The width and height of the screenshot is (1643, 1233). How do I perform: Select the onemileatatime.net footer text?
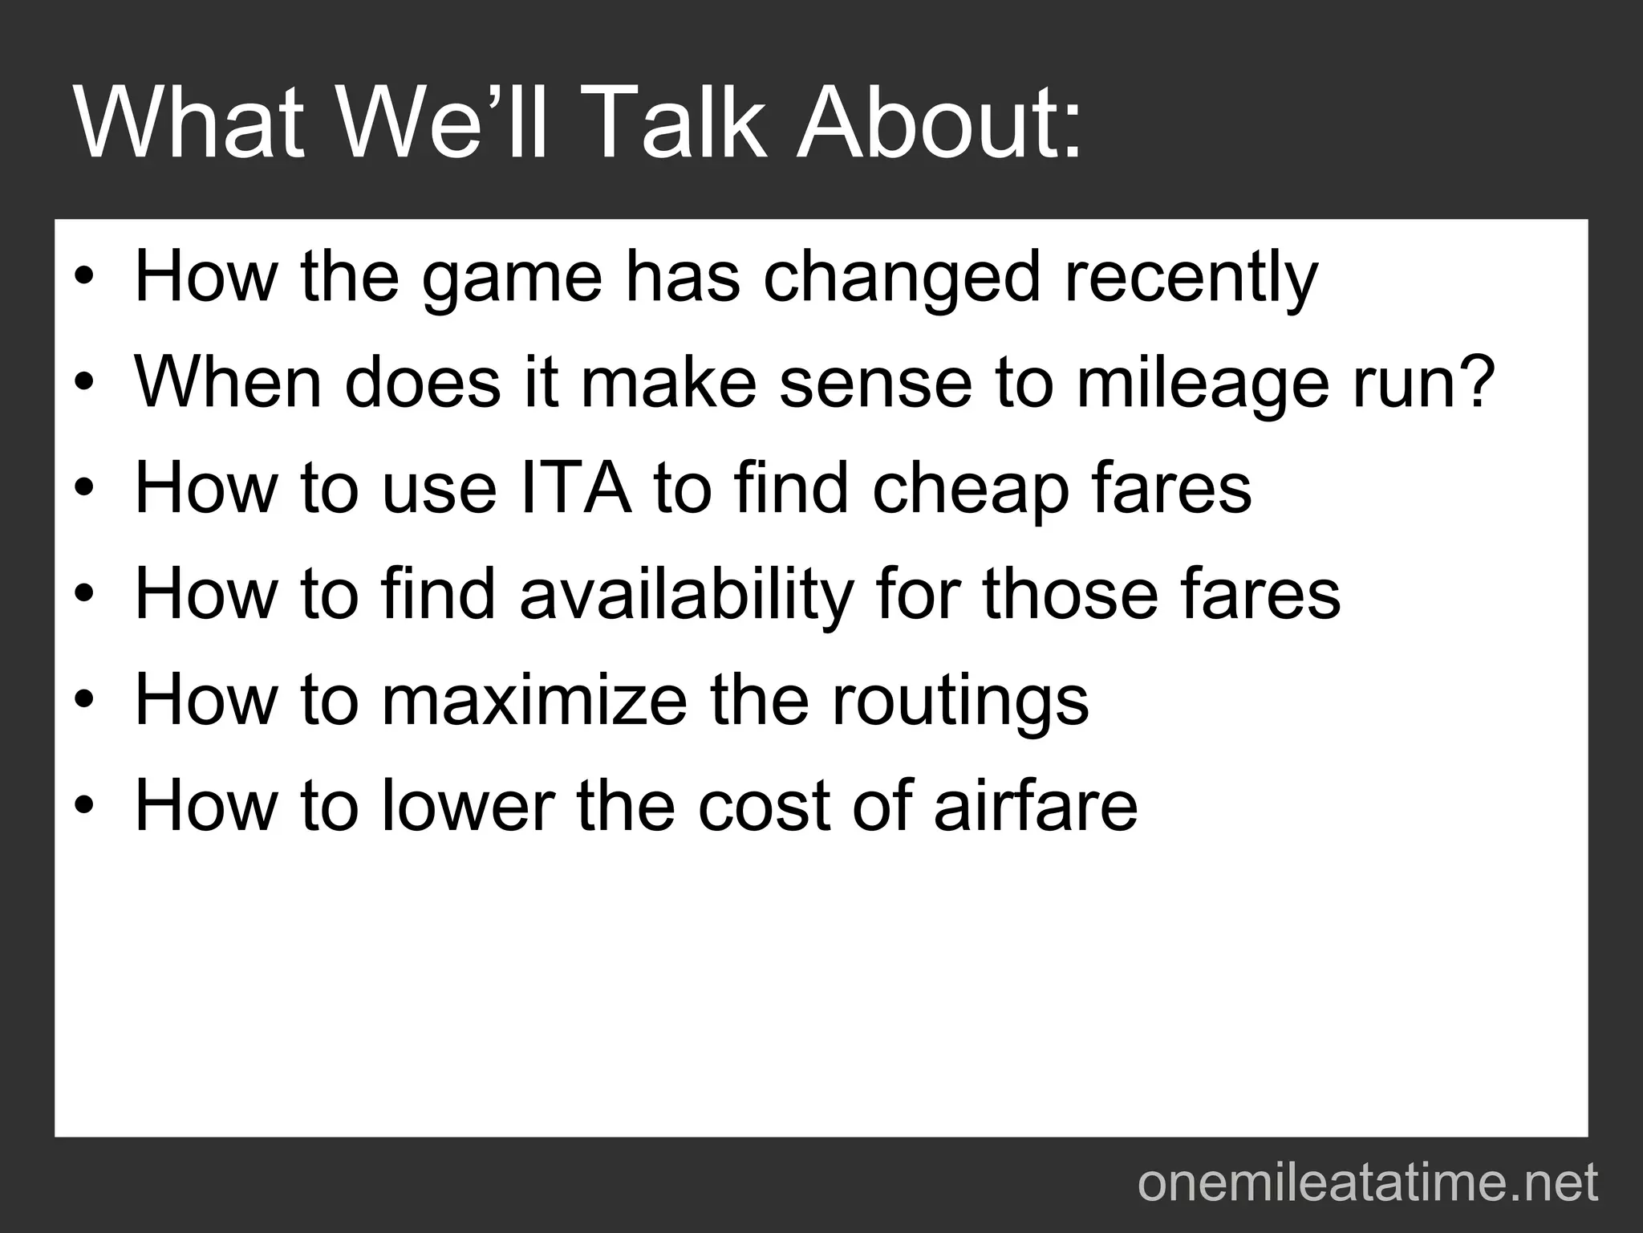1367,1183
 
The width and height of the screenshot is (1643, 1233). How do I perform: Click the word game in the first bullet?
511,279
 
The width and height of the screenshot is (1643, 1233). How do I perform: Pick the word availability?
687,596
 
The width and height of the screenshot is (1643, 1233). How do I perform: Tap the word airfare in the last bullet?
1036,805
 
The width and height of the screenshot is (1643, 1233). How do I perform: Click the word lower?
468,805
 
